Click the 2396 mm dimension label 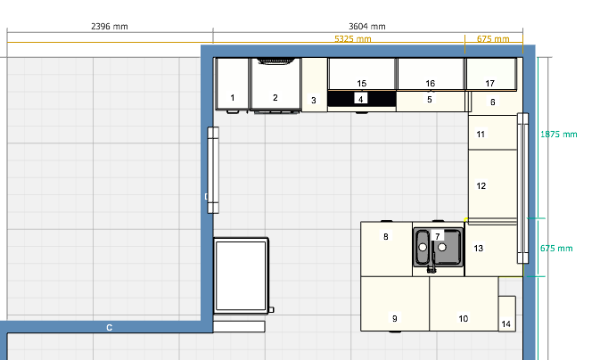[x=110, y=27]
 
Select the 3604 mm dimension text [x=367, y=27]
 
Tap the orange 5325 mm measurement [x=352, y=39]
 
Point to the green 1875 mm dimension [x=558, y=135]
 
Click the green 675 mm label [x=556, y=249]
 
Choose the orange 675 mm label [x=493, y=39]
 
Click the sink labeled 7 [x=438, y=248]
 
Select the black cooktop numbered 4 [x=362, y=99]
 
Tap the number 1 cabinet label [x=233, y=97]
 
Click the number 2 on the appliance [x=275, y=97]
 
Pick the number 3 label [x=314, y=100]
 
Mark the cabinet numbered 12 [x=492, y=184]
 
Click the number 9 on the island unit [x=395, y=318]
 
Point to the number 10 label [x=463, y=318]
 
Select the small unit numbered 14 [x=506, y=314]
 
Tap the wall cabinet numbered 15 [x=362, y=74]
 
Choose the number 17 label [x=489, y=83]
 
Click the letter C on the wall [x=109, y=328]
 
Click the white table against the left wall [x=241, y=275]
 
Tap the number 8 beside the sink [x=386, y=236]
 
